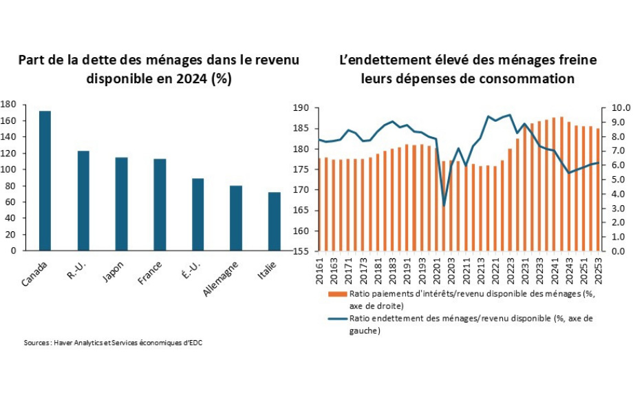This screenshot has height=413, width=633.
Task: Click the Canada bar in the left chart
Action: coord(45,180)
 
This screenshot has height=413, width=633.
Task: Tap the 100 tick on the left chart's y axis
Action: coord(8,169)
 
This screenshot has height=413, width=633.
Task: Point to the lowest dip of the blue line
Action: coord(444,205)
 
